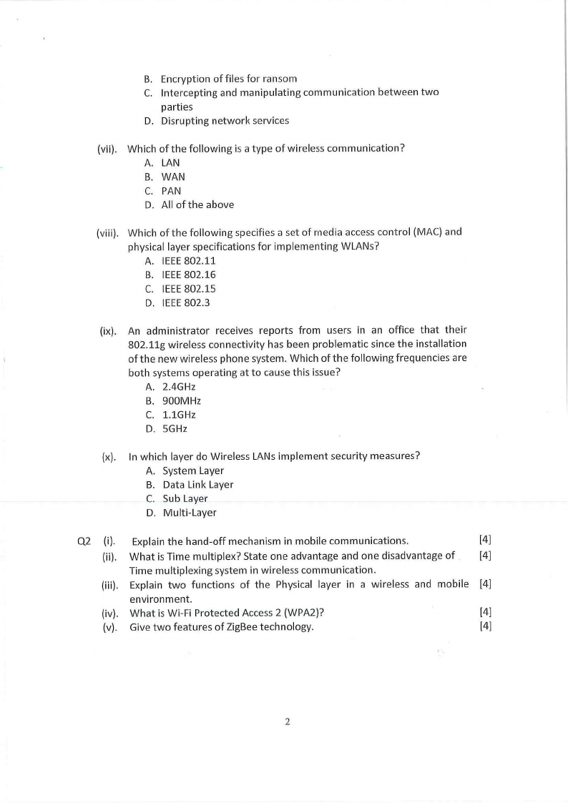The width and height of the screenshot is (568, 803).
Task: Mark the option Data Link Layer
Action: pos(197,485)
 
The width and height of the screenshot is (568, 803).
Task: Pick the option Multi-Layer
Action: pos(189,513)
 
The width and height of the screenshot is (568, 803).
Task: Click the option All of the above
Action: pos(197,205)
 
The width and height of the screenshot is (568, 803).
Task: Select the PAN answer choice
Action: pos(171,191)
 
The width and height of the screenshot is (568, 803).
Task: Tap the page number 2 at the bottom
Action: pos(287,721)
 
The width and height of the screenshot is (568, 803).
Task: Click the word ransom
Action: pos(281,78)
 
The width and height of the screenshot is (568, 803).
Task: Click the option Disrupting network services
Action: pos(225,121)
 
